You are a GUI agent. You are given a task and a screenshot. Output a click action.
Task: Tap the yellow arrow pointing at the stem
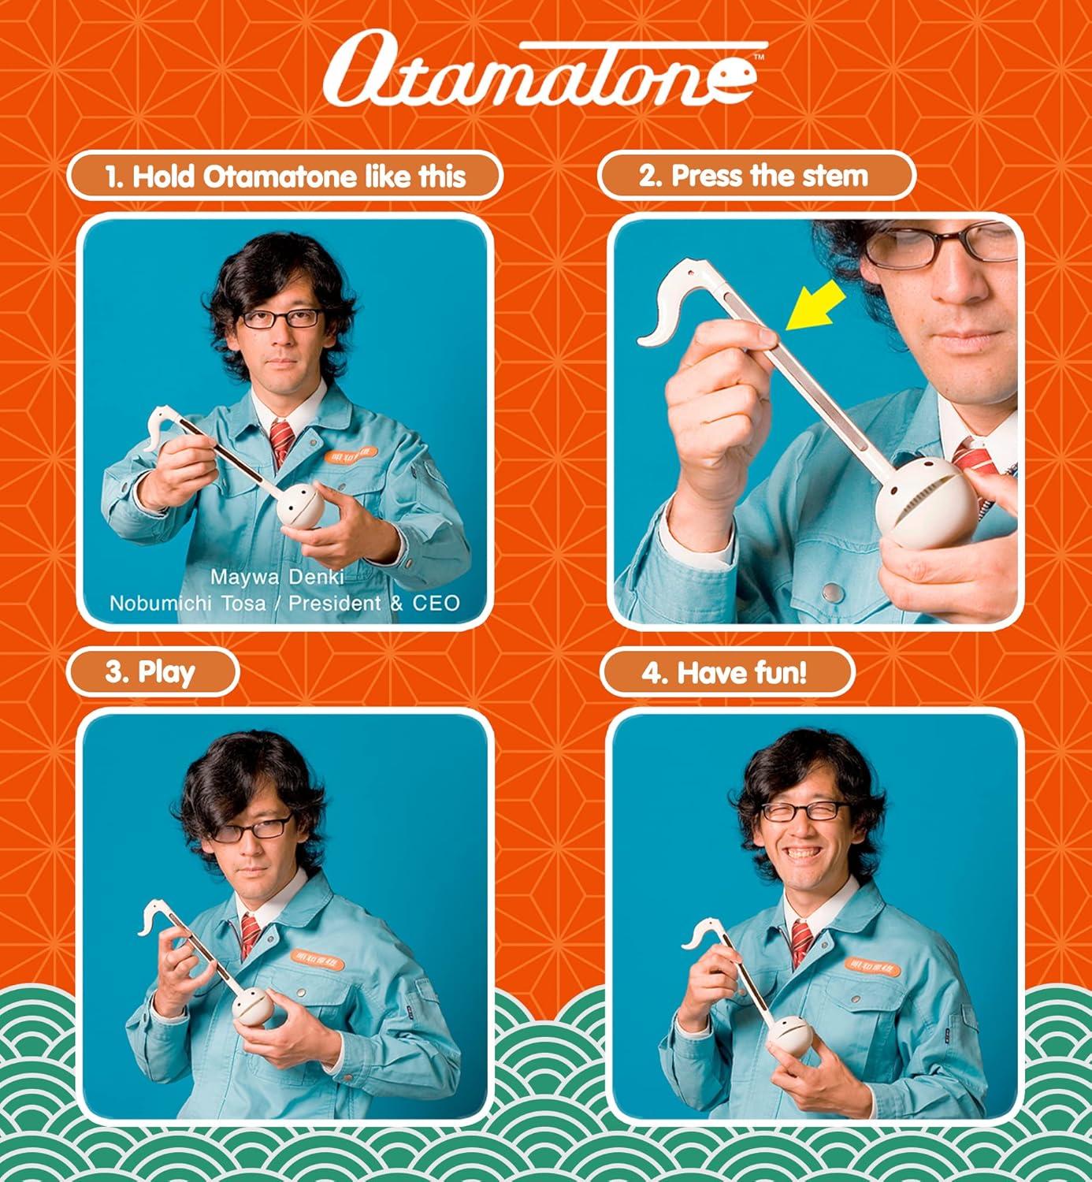click(815, 309)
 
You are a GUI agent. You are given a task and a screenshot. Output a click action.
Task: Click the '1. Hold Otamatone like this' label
click(285, 176)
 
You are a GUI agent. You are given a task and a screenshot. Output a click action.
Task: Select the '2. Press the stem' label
click(756, 176)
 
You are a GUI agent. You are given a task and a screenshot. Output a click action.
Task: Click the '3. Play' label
click(151, 672)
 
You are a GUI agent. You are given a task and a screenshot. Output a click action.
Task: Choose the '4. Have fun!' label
click(726, 673)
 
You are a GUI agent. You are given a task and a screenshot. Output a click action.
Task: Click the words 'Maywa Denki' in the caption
click(277, 577)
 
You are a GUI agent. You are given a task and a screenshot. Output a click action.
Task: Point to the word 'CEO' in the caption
click(436, 604)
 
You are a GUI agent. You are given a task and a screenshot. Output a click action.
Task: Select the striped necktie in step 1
click(281, 442)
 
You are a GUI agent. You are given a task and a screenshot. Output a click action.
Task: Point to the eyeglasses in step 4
click(803, 811)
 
